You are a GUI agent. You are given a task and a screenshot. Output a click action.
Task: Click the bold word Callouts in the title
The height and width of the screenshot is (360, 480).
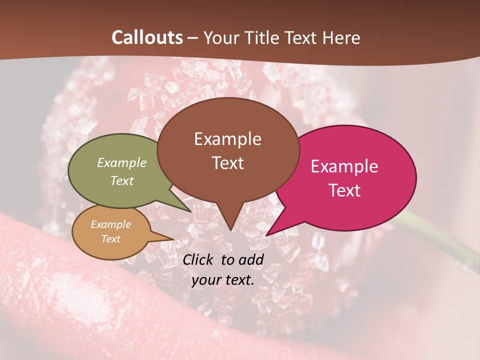tap(147, 37)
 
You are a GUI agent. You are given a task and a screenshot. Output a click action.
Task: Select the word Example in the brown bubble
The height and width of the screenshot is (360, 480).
tap(227, 139)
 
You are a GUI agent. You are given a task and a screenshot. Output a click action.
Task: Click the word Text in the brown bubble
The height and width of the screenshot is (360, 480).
tap(227, 163)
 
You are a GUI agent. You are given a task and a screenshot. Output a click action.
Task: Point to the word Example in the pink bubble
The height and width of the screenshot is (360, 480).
tap(344, 166)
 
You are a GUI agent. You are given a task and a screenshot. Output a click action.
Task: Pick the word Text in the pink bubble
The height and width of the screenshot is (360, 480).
tap(344, 190)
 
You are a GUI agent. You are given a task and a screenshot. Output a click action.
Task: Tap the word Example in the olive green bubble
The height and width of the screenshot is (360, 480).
tap(122, 163)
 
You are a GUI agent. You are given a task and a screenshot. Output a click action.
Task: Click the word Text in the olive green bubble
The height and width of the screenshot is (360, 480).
tap(122, 180)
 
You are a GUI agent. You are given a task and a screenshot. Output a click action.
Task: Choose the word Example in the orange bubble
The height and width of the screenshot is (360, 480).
tap(111, 224)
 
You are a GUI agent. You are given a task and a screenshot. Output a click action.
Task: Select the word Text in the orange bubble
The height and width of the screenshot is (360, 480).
tap(111, 239)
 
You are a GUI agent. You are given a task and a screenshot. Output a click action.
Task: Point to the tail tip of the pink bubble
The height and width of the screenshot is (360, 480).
tap(267, 235)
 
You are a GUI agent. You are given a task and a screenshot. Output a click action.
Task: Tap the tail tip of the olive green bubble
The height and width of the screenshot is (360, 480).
tap(190, 211)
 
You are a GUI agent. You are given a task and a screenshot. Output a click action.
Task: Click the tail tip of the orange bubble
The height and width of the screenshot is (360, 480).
tap(173, 239)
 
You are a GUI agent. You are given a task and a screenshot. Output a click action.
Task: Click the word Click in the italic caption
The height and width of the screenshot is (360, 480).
tap(199, 259)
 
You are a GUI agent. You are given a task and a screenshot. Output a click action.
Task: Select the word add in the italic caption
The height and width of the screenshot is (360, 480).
tap(251, 259)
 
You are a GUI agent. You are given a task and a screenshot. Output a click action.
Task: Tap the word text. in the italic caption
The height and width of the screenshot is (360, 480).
tap(238, 280)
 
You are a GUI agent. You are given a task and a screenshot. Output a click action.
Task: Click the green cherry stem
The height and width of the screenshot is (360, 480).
tap(440, 240)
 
